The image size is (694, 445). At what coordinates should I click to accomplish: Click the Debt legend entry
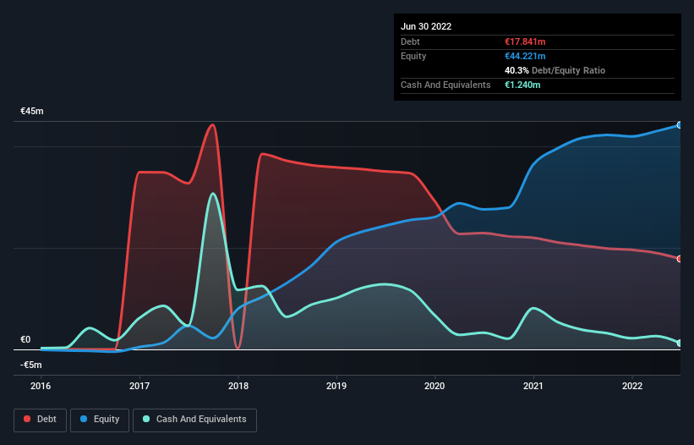coord(41,419)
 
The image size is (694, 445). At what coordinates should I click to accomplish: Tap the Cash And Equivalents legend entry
coord(194,419)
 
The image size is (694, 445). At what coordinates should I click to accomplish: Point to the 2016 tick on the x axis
coord(41,386)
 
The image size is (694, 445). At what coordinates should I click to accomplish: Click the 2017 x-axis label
coord(139,386)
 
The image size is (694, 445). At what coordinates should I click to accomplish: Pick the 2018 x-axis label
coord(238,386)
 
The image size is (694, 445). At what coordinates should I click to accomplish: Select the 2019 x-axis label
coord(336,386)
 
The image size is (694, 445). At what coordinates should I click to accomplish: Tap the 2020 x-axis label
coord(435,386)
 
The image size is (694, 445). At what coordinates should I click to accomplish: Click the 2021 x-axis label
coord(533,386)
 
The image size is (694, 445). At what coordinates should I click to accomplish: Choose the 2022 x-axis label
coord(632,386)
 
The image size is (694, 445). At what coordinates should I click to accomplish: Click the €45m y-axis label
coord(32,112)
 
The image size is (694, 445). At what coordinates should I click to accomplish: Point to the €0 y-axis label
coord(25,339)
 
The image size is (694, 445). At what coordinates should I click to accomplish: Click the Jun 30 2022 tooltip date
coord(426,26)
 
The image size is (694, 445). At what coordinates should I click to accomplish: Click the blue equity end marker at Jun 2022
coord(680,125)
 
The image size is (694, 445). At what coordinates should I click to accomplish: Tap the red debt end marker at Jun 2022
coord(680,259)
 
